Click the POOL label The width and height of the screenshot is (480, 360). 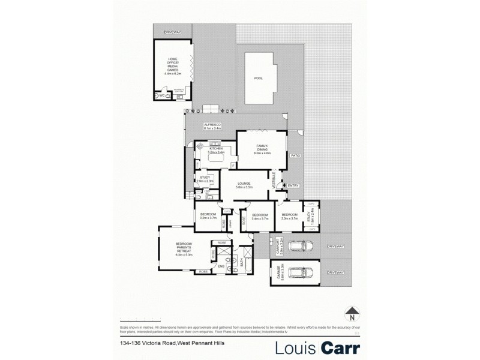point(259,78)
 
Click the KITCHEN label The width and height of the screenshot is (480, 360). point(215,151)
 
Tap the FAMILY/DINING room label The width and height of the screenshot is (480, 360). point(263,150)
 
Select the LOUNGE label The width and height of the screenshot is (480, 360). point(244,186)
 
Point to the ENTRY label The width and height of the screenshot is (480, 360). point(293,185)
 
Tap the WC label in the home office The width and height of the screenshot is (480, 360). point(161,95)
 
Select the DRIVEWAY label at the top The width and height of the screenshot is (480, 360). point(173,32)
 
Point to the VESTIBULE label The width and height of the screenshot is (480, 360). point(275,181)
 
